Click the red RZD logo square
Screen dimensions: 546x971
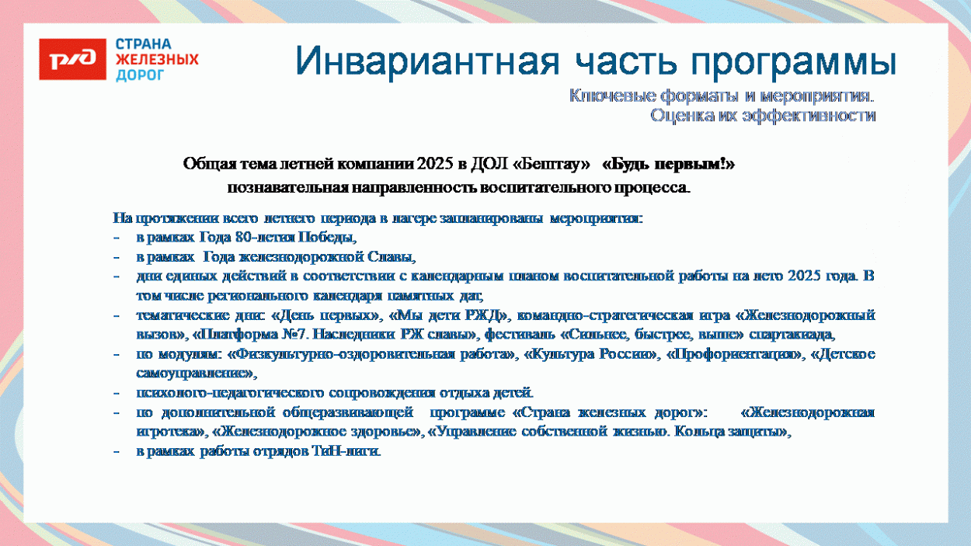coord(72,59)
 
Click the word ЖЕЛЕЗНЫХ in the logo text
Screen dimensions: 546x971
coord(157,60)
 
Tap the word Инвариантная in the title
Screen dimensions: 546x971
coord(424,62)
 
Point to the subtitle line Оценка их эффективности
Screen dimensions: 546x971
coord(763,116)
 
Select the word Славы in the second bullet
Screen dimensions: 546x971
coord(395,257)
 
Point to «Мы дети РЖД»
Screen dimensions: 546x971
coord(444,316)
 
